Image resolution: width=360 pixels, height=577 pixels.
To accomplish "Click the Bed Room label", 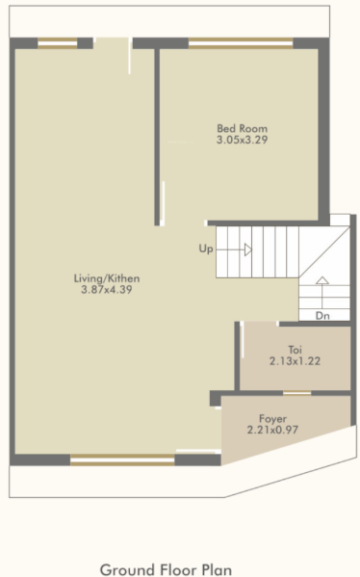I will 242,128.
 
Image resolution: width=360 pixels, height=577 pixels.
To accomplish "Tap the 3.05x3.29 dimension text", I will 242,140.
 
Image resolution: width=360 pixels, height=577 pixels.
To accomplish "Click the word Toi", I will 296,350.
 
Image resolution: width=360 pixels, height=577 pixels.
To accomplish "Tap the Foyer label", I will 272,418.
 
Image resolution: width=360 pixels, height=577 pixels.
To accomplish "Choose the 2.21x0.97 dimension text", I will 272,430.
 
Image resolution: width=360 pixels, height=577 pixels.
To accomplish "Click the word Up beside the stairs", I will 205,249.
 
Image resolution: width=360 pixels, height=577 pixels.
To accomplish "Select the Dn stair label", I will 321,315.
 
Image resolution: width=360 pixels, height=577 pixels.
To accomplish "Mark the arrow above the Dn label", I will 322,283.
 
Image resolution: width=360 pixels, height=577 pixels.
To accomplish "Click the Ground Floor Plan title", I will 166,569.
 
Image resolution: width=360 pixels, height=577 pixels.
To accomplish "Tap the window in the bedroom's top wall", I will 241,42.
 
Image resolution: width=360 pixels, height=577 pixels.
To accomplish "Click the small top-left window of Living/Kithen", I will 57,42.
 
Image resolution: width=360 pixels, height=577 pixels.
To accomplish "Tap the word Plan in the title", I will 217,569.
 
